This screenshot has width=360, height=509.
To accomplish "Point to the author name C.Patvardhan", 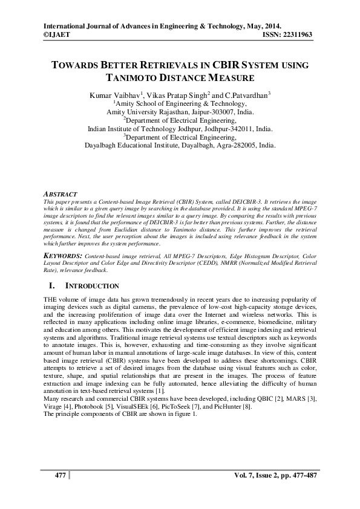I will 244,95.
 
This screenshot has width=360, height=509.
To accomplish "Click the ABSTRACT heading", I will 61,193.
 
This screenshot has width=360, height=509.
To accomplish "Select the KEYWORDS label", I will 64,257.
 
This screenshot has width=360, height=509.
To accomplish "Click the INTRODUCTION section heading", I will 92,287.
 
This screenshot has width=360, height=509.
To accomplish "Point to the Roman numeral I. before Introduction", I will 50,286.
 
